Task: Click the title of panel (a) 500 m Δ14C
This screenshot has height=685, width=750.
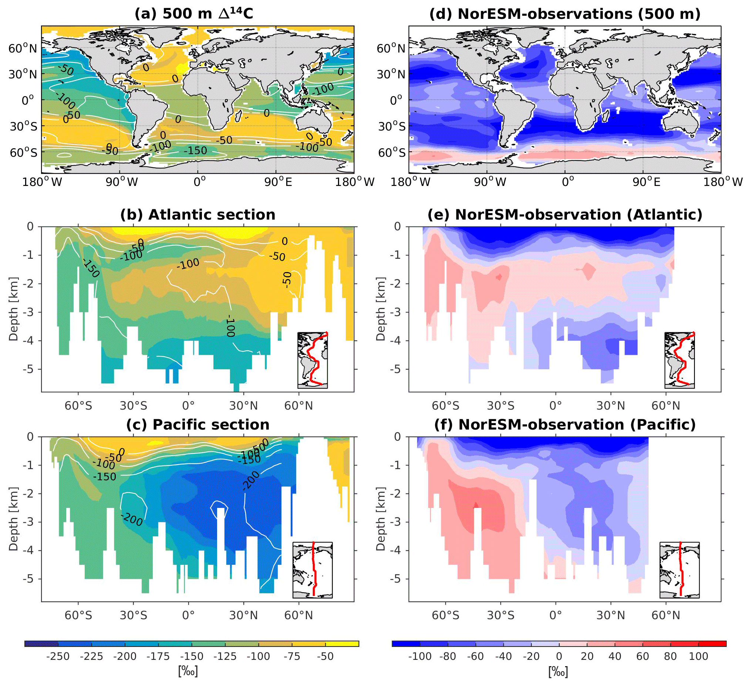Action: (193, 13)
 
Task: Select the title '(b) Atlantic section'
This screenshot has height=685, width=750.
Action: (197, 214)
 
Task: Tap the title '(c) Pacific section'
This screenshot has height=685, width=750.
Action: (197, 424)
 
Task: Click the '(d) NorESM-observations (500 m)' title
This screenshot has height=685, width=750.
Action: (565, 13)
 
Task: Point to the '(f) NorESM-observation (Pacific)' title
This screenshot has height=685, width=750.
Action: (565, 424)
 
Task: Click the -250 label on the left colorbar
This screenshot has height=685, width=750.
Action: (58, 656)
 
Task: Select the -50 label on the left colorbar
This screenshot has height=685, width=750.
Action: (325, 656)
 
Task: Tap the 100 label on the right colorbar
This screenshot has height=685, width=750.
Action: (698, 656)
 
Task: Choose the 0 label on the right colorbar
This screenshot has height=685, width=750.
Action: (559, 656)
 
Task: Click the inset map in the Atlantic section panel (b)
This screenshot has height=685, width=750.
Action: (312, 360)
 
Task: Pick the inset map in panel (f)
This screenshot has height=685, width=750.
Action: (679, 570)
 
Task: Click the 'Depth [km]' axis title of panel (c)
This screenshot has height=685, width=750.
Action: (13, 518)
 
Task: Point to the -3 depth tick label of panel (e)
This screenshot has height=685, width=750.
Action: (397, 312)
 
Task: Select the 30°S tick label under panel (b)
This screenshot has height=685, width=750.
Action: (133, 406)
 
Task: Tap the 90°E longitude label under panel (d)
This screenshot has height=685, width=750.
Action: (646, 182)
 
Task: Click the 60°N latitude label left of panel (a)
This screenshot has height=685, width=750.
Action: (23, 48)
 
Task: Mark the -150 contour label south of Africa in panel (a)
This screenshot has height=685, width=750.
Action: (195, 150)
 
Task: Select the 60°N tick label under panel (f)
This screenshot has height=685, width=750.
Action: (666, 615)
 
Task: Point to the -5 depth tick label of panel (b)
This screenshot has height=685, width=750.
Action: (30, 369)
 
